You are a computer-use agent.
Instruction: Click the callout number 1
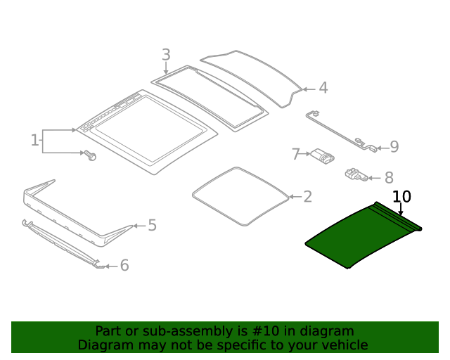coord(34,141)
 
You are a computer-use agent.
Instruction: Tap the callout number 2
coord(307,197)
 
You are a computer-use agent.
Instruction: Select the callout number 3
coord(166,54)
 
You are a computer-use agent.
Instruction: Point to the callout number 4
coord(323,88)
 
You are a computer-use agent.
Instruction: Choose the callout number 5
coord(152,226)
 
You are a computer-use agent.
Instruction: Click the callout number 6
coord(124,265)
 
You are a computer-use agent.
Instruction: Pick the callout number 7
coord(296,153)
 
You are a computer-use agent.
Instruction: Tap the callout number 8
coord(388,179)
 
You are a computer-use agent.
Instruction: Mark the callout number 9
coord(394,147)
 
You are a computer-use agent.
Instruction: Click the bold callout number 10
coord(401,197)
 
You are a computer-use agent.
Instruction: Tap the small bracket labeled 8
coord(355,174)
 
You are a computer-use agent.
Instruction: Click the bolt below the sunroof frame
coord(90,155)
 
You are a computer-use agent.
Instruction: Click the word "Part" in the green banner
coord(109,331)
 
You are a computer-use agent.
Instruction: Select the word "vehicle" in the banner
coord(344,345)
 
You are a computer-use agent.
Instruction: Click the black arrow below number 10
coord(401,209)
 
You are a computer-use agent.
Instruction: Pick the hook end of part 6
coord(101,266)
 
